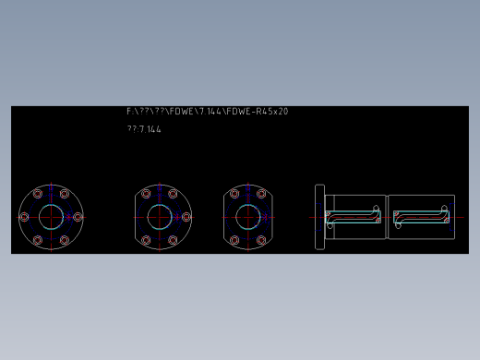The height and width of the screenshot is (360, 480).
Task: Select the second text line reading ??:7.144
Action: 144,129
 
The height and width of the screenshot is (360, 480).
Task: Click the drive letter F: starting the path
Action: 130,112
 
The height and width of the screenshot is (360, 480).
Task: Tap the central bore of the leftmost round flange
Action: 51,217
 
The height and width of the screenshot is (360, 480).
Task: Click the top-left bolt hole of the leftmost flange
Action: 38,194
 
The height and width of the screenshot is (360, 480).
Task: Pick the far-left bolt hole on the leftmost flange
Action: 24,217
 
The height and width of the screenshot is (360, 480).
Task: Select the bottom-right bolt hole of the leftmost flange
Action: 65,240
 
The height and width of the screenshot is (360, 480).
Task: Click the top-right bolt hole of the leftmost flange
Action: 65,194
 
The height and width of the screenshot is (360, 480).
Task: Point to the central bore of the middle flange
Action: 160,217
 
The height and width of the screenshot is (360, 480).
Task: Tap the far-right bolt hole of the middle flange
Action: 186,217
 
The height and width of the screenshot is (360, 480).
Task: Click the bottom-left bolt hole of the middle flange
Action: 146,240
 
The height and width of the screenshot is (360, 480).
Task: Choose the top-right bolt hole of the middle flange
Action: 173,194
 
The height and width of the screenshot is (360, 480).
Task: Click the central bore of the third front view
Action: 247,217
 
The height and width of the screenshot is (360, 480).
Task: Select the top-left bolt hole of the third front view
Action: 234,194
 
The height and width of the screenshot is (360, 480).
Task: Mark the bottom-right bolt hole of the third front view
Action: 261,240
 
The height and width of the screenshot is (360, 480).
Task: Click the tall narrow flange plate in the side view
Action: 319,217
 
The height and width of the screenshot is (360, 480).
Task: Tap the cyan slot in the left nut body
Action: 354,219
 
